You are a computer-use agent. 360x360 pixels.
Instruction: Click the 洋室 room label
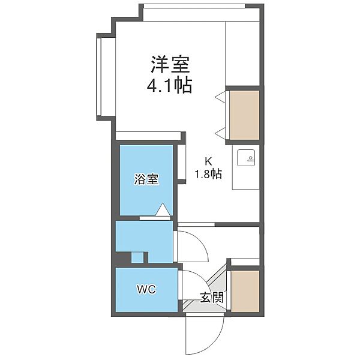tap(170, 64)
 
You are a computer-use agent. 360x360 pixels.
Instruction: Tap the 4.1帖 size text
tap(169, 85)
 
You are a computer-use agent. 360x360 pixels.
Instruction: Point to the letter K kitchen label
tap(208, 161)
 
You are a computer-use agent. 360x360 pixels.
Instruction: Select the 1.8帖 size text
tap(208, 174)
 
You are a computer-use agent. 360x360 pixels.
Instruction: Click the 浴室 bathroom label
tap(146, 179)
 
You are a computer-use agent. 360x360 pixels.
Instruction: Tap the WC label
tap(146, 289)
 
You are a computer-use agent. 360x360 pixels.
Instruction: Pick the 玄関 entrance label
tap(212, 298)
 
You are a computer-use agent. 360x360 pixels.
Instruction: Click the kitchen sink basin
tap(246, 157)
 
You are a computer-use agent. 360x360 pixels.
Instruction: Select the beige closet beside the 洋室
tap(245, 115)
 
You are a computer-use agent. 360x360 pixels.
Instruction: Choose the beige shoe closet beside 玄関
tap(245, 291)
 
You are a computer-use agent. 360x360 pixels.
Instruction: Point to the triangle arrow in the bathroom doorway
tap(163, 209)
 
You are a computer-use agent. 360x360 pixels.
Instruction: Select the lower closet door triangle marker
tap(220, 133)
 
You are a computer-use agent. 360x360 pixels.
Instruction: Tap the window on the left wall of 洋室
tap(99, 77)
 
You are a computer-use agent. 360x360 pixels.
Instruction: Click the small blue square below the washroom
tap(137, 257)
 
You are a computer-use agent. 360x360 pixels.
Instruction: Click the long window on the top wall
tap(194, 6)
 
